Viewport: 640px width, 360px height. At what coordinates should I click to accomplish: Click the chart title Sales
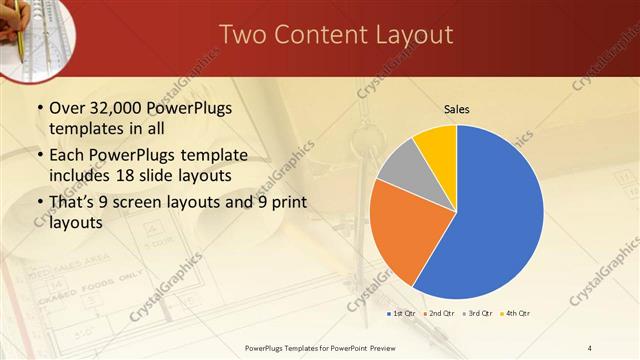[457, 109]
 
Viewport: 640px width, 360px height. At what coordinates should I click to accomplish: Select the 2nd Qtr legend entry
[440, 313]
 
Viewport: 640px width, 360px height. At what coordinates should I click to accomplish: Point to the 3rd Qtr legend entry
[477, 313]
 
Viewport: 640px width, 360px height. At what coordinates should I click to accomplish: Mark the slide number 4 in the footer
[590, 347]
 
